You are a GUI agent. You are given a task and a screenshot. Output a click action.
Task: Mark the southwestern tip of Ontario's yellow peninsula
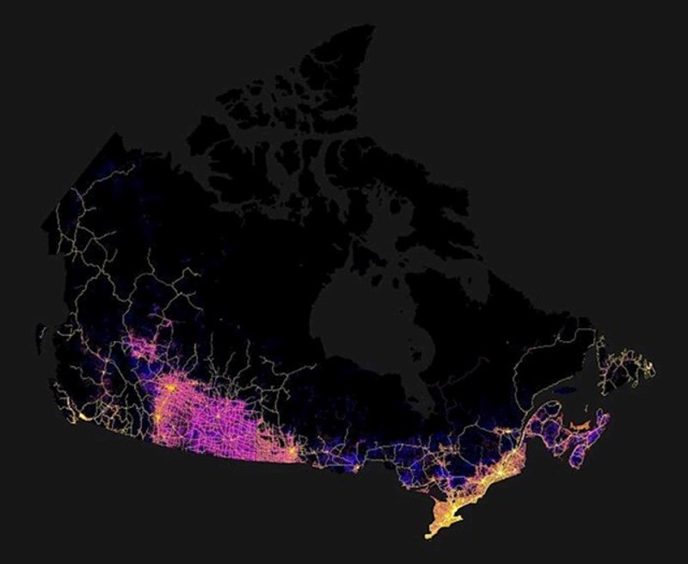pyautogui.click(x=428, y=535)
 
